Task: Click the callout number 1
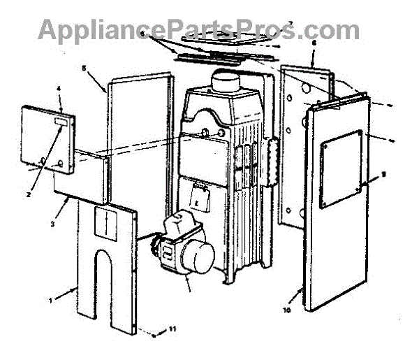(50, 300)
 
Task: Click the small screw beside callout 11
(152, 336)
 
